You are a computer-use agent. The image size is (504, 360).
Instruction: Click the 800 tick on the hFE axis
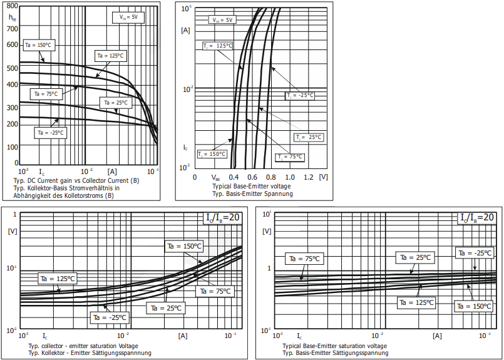[x=13, y=6]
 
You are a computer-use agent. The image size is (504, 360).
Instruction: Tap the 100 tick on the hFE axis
[x=13, y=147]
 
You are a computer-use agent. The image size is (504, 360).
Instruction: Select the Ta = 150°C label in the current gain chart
[x=39, y=44]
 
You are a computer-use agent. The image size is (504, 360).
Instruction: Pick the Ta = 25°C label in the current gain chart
[x=114, y=103]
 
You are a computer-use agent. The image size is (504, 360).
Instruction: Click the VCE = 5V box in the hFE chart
[x=133, y=18]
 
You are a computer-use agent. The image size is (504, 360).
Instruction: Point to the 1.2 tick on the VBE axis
[x=309, y=177]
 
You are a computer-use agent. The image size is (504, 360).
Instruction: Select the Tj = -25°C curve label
[x=299, y=95]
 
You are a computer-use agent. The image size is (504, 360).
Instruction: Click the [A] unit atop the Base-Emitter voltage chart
[x=185, y=29]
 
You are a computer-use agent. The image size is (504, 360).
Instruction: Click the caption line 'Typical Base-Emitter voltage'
[x=251, y=187]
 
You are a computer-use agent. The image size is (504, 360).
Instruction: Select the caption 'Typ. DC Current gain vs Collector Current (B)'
[x=76, y=180]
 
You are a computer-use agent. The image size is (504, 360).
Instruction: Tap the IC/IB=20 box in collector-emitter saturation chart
[x=222, y=217]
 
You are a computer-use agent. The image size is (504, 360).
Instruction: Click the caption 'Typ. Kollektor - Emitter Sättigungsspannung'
[x=91, y=353]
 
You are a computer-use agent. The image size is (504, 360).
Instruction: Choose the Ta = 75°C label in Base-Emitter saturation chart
[x=304, y=258]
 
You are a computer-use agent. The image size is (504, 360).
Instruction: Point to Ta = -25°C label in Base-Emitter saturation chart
[x=475, y=253]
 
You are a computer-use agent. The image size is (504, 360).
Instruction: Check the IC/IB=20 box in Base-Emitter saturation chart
[x=476, y=217]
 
